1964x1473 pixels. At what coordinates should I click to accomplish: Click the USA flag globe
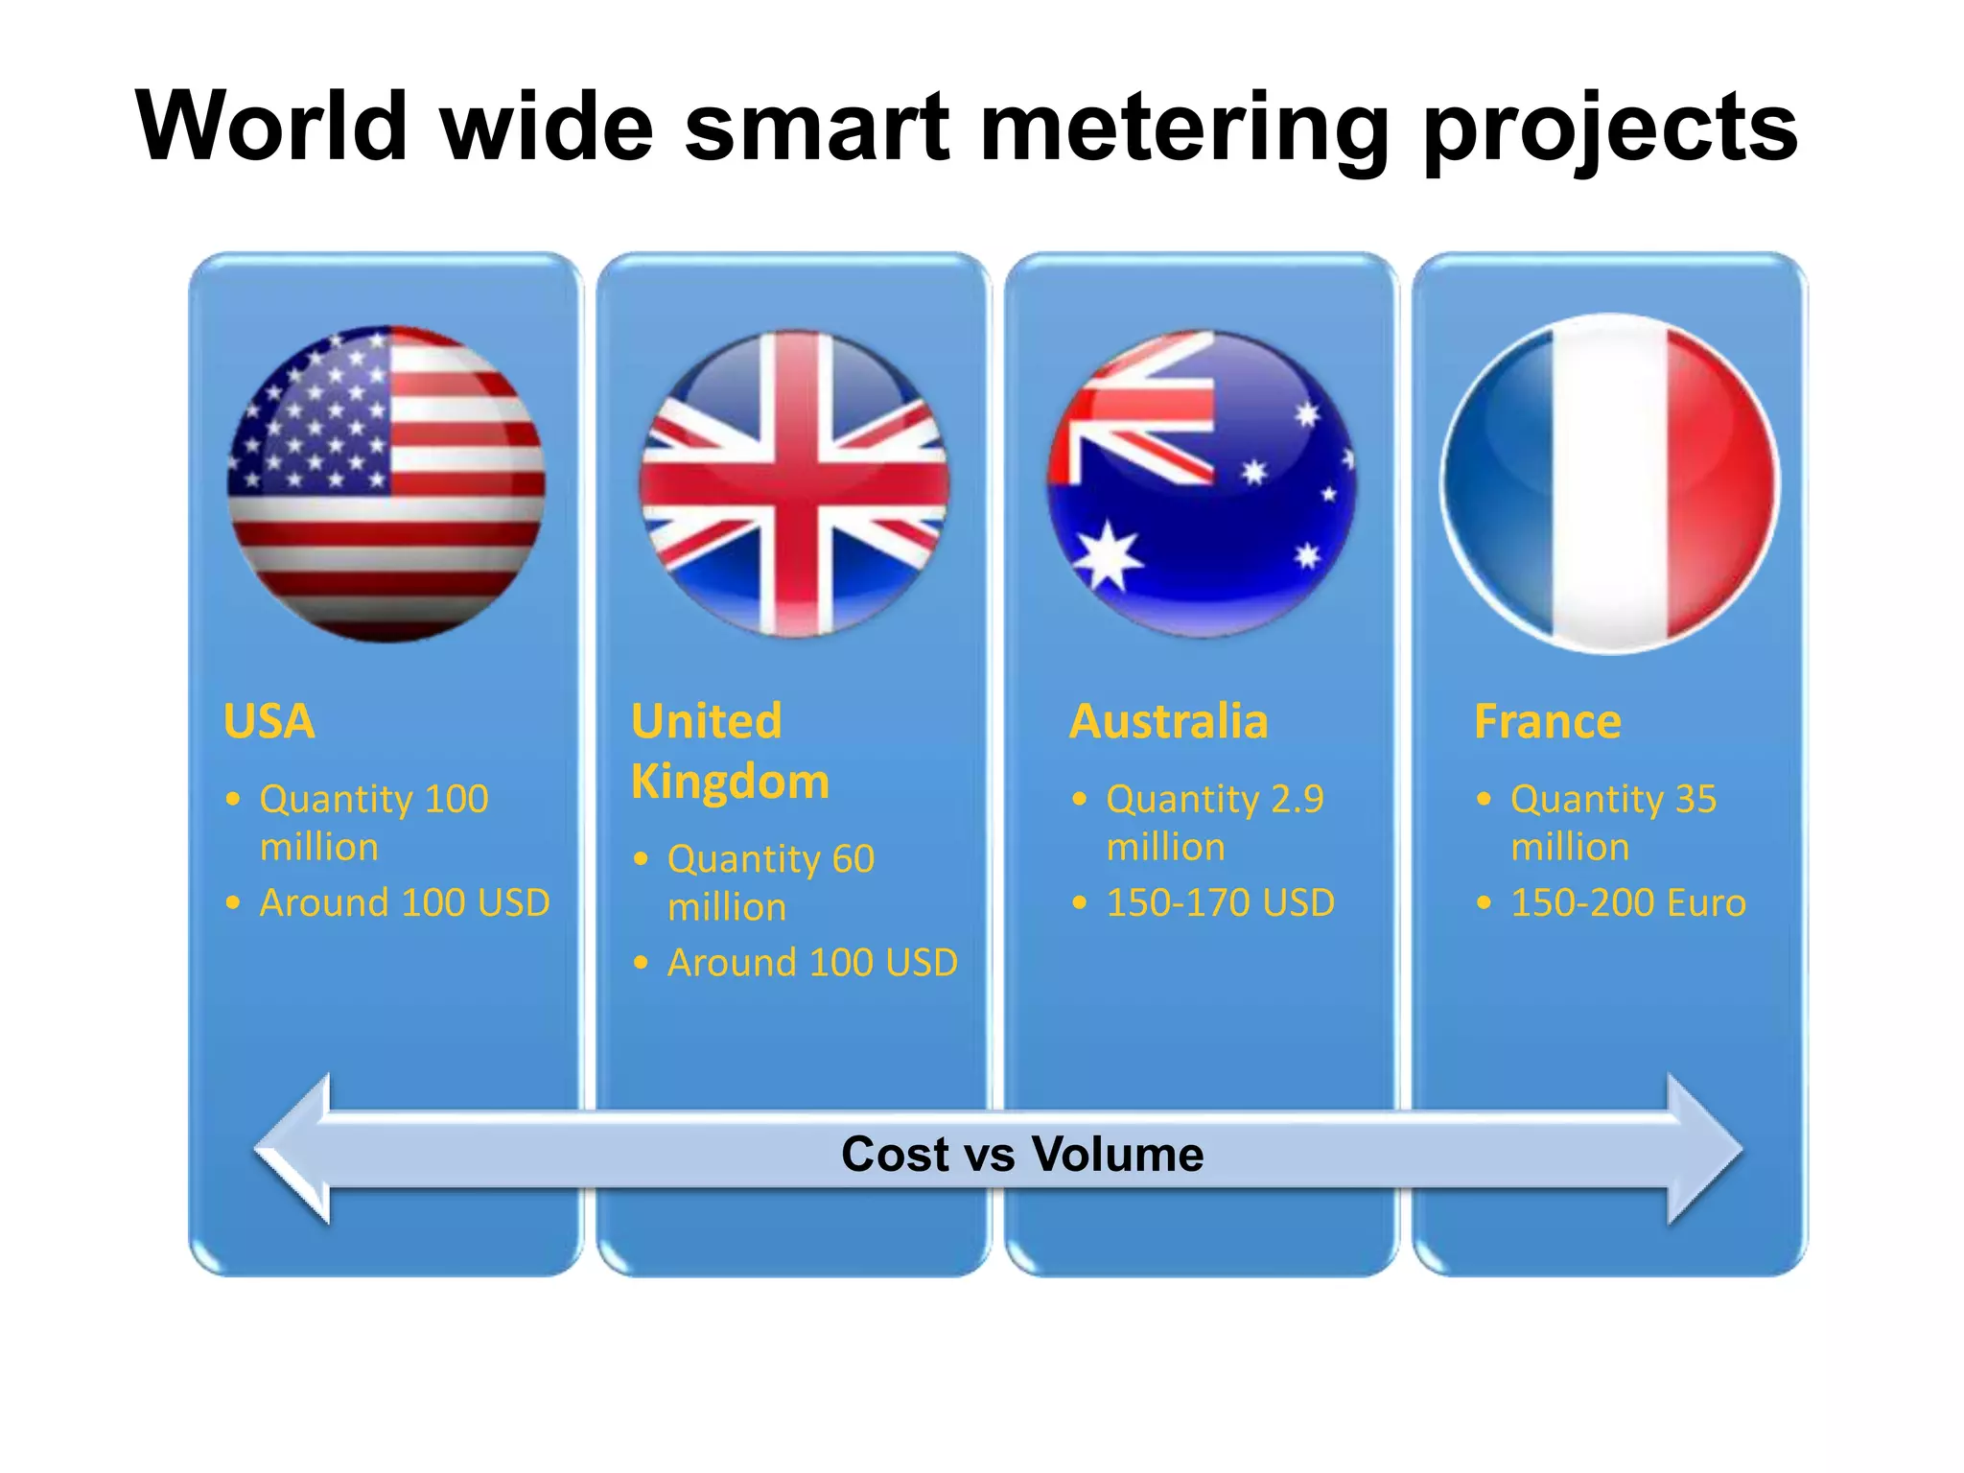pos(386,484)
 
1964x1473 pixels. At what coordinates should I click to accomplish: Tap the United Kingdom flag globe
pos(795,484)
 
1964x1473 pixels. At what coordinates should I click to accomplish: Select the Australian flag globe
pos(1203,484)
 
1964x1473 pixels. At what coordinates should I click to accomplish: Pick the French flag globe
pos(1611,484)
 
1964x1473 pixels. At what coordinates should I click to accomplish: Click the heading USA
pos(269,721)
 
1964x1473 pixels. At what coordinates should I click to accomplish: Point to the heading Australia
pos(1168,721)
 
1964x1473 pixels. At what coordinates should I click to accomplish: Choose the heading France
pos(1547,721)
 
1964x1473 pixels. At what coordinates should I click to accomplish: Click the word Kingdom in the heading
pos(730,782)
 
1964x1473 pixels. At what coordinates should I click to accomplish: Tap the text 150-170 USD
pos(1220,902)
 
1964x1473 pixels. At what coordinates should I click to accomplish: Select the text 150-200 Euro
pos(1627,902)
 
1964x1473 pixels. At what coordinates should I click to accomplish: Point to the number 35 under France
pos(1695,799)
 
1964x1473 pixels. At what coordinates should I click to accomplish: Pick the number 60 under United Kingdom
pos(853,859)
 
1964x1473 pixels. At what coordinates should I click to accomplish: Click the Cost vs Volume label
pos(1022,1154)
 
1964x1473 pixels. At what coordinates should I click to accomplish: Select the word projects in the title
pos(1611,129)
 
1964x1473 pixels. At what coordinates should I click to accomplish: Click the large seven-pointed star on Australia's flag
pos(1108,556)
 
